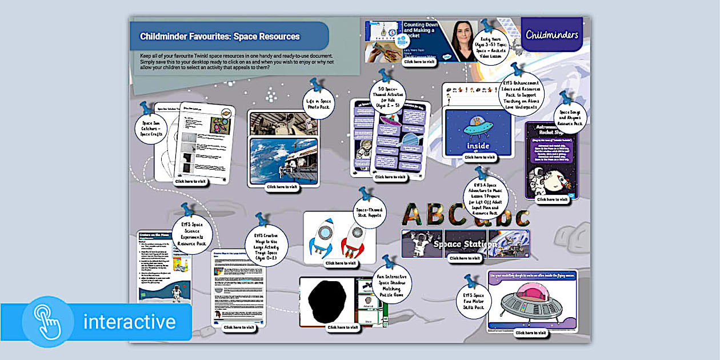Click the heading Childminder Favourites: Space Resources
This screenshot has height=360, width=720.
pyautogui.click(x=220, y=37)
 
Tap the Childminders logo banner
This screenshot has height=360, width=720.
pyautogui.click(x=552, y=34)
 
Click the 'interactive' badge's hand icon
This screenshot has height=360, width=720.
pyautogui.click(x=49, y=322)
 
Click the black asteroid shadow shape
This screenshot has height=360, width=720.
pyautogui.click(x=326, y=301)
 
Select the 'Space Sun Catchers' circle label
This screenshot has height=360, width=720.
pyautogui.click(x=150, y=127)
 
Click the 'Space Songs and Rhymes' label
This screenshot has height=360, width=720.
pyautogui.click(x=570, y=118)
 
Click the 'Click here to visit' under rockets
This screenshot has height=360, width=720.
pyautogui.click(x=340, y=263)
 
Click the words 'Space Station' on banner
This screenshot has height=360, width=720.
pyautogui.click(x=463, y=244)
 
